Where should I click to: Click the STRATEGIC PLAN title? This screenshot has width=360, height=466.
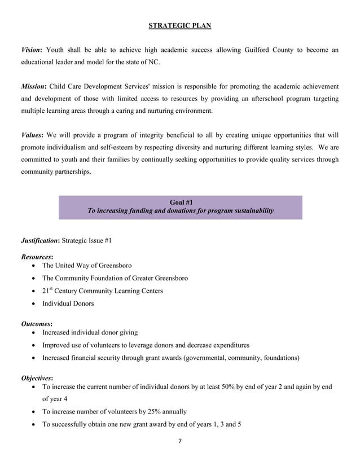[180, 25]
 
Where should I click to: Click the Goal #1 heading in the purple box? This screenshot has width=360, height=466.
[181, 202]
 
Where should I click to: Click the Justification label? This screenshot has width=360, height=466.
[40, 241]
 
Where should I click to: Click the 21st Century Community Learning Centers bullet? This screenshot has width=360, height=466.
[103, 291]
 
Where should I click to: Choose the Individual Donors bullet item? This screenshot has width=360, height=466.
[68, 304]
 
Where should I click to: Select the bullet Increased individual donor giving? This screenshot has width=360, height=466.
[90, 333]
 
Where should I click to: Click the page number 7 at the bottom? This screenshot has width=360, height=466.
[180, 440]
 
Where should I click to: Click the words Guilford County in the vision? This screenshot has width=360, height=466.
[270, 50]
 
